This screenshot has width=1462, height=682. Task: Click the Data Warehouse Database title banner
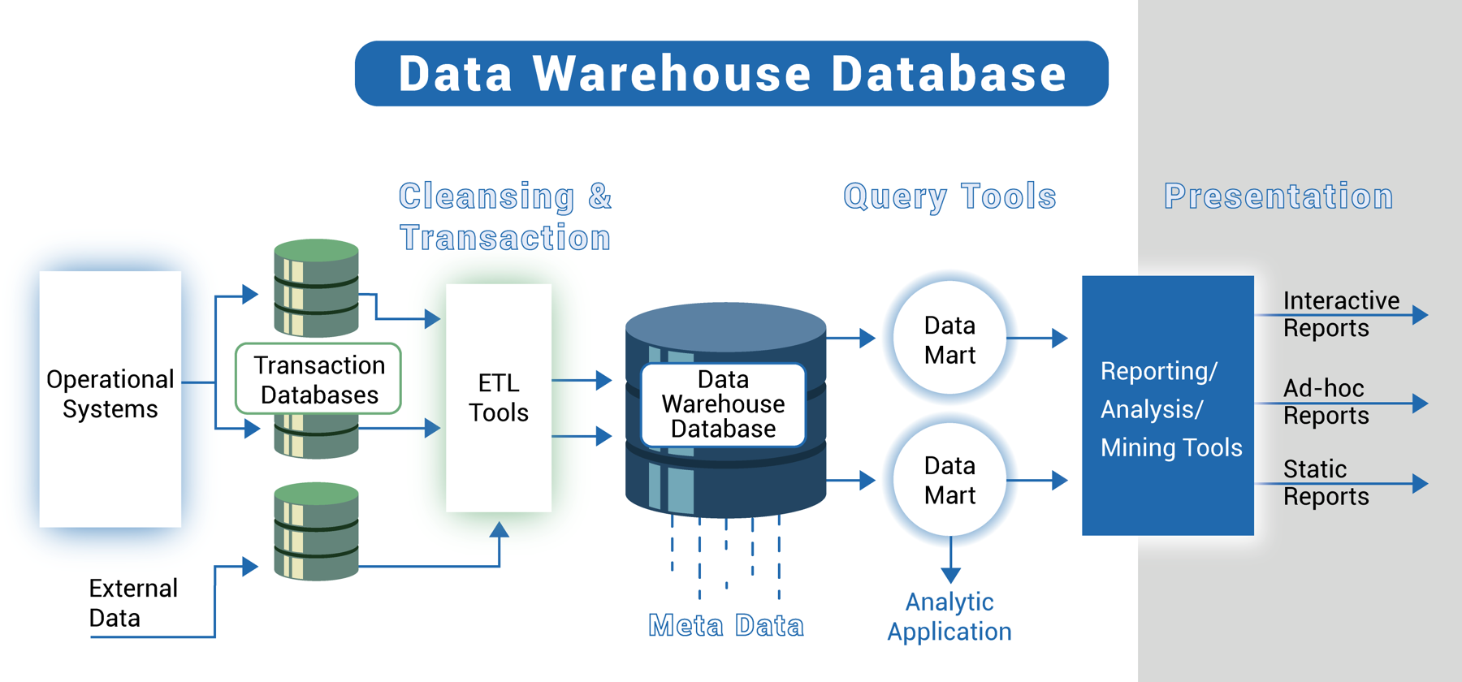coord(731,73)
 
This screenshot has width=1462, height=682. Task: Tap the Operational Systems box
coord(110,398)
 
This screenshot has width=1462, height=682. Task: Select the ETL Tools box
coord(498,398)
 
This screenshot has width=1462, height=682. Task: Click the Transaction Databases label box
coord(318,379)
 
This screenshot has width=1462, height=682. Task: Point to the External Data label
coord(132,602)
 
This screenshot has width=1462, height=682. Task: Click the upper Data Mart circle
coord(949,339)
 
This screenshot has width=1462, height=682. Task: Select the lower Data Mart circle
coord(949,480)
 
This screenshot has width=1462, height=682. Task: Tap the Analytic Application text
coord(949,616)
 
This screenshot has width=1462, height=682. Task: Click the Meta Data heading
coord(725,625)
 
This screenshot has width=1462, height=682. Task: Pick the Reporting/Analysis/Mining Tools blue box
coord(1167,406)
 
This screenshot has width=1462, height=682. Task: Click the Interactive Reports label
coord(1340,314)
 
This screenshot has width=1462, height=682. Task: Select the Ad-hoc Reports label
coord(1326,402)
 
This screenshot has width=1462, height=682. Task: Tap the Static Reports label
coord(1326,482)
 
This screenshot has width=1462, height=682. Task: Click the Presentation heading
coord(1278,196)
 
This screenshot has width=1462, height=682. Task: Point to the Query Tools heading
coord(949,196)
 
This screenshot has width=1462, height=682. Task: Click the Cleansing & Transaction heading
coord(504,217)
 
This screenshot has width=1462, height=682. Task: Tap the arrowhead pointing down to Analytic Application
coord(950,575)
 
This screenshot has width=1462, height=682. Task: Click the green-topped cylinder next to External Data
coord(316,532)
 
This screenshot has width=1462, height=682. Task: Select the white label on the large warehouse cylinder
coord(723,404)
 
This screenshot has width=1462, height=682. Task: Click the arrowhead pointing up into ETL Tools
coord(499,530)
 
